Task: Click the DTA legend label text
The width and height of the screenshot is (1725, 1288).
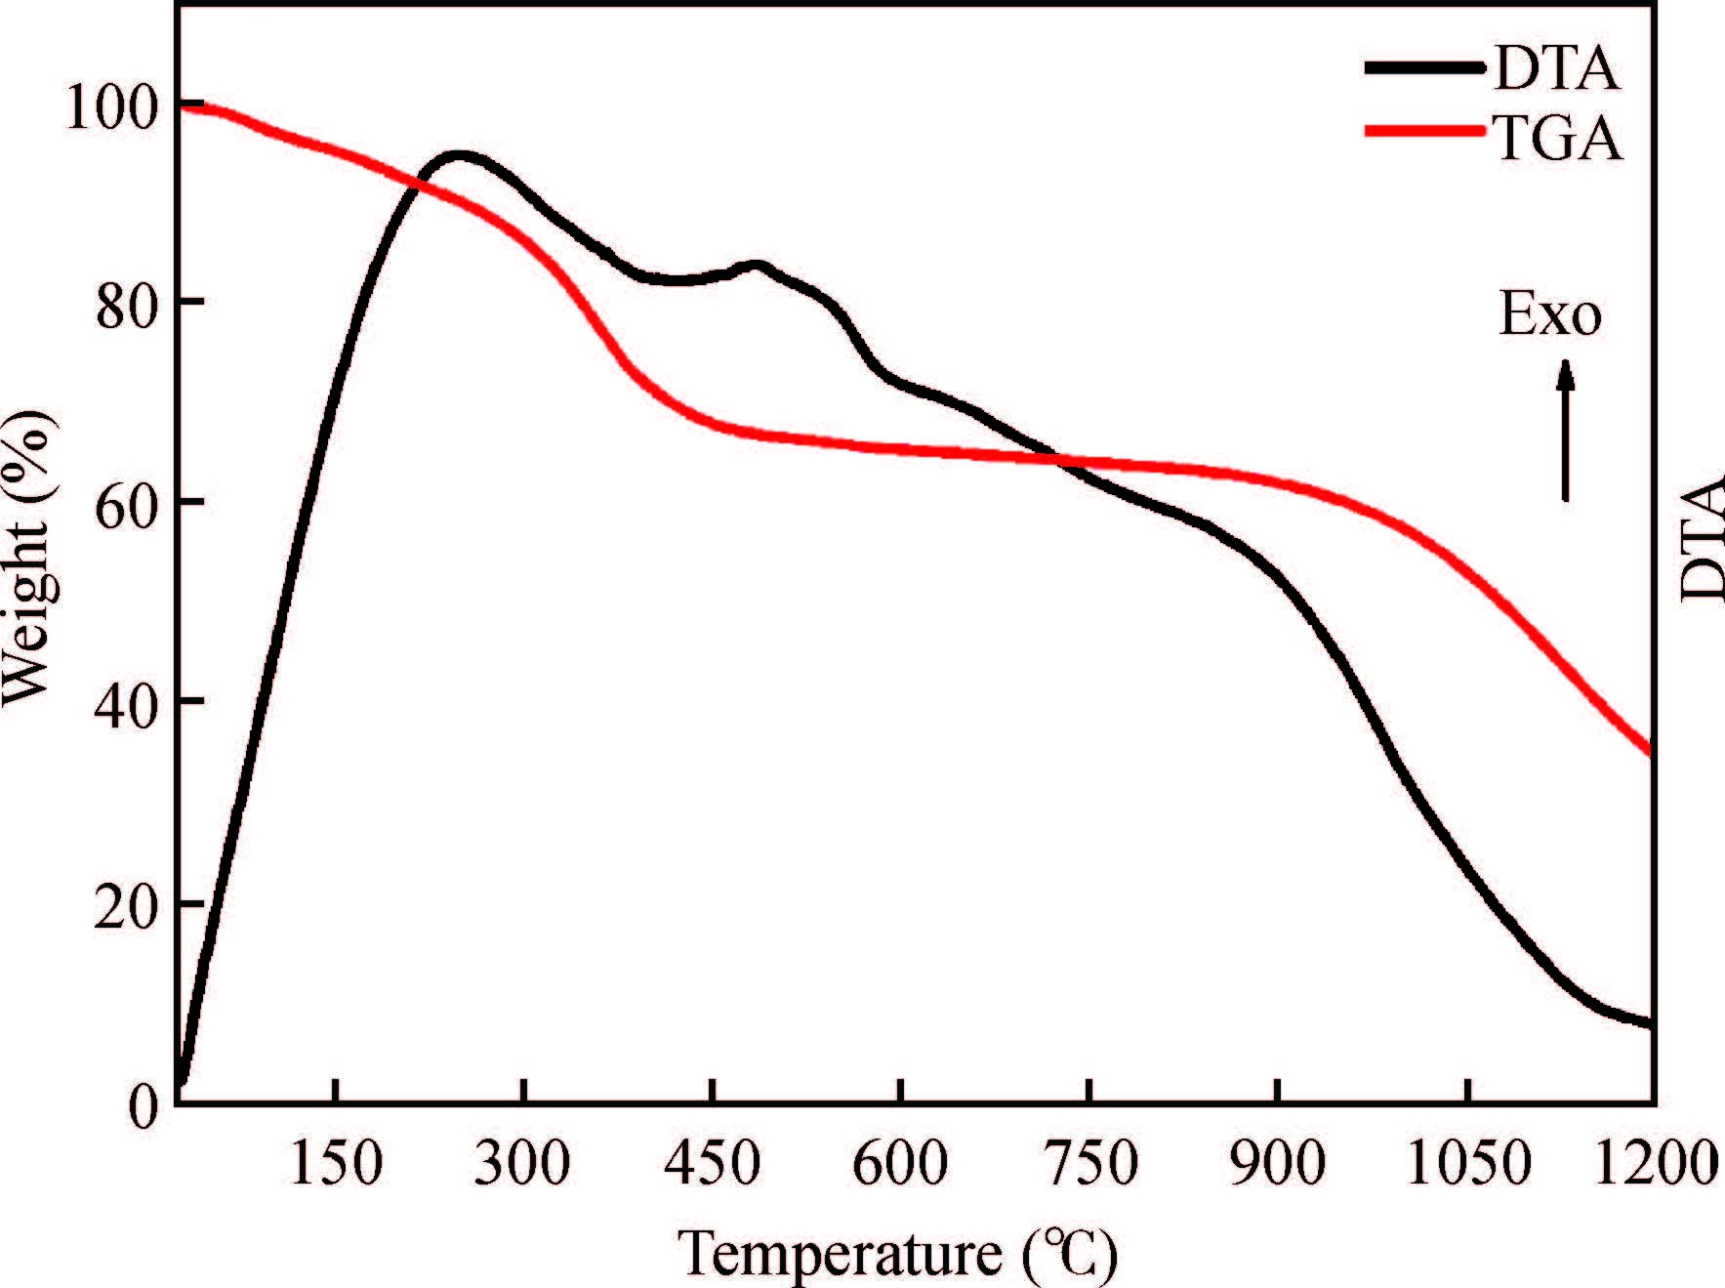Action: [x=1557, y=69]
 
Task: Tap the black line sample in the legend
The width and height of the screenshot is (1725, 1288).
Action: [x=1425, y=66]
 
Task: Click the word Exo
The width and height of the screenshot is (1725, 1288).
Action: [x=1550, y=315]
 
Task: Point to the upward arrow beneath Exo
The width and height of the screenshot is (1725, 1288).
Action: [x=1566, y=430]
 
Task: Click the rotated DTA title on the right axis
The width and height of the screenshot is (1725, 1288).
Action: [x=1703, y=539]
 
